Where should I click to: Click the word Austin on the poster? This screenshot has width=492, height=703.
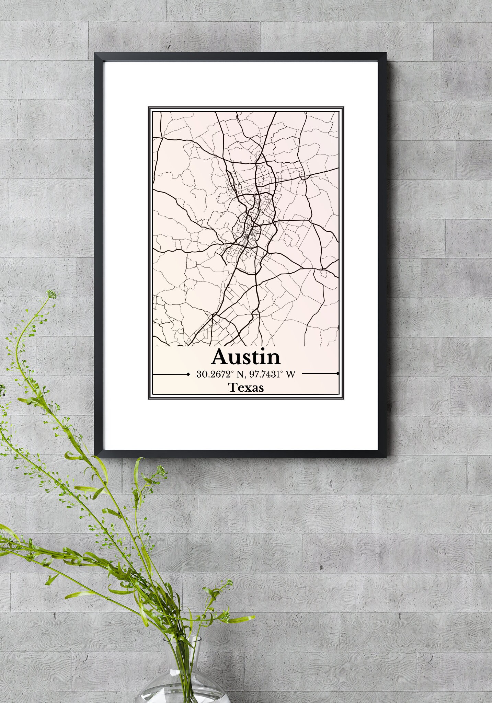point(246,357)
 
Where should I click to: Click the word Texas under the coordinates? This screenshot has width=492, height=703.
point(246,388)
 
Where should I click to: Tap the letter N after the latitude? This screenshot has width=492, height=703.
point(237,374)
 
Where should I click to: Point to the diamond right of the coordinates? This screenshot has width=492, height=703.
point(338,373)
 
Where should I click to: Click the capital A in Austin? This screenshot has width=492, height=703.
point(220,357)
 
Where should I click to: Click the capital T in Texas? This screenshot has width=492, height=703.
point(232,388)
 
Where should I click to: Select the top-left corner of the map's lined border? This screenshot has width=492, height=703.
point(149,107)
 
